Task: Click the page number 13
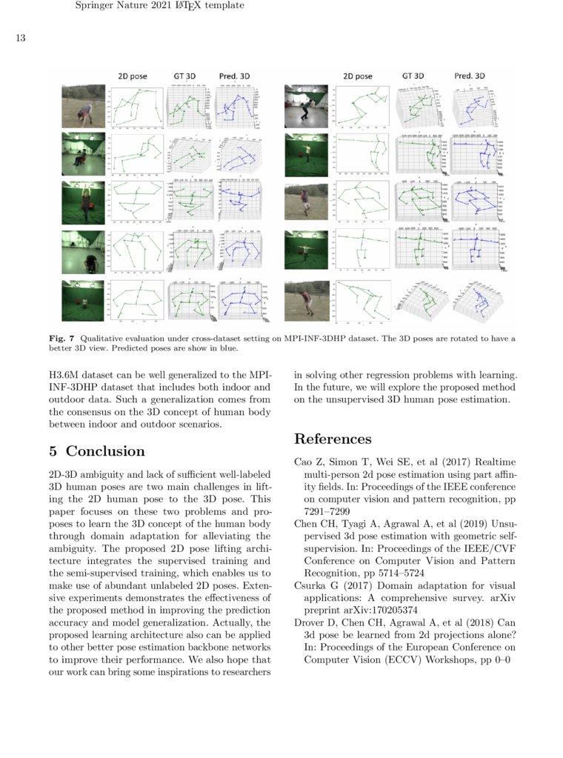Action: pyautogui.click(x=21, y=39)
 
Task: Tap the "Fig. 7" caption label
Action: pyautogui.click(x=61, y=339)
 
